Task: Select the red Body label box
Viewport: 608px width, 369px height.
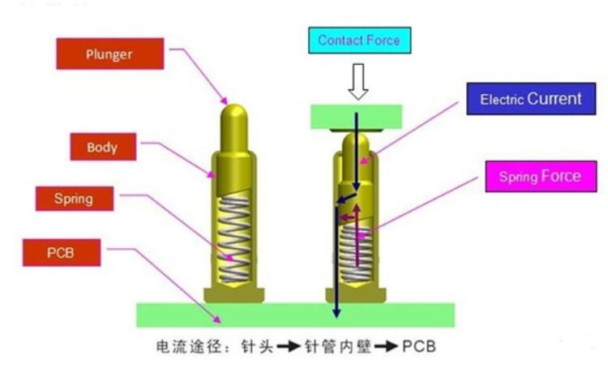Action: [x=101, y=148]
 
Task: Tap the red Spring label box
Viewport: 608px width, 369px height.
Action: [x=74, y=199]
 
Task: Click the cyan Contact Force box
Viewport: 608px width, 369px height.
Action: [x=358, y=40]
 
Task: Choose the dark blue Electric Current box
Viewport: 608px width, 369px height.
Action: [x=530, y=99]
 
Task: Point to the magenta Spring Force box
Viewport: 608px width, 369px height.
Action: [x=539, y=176]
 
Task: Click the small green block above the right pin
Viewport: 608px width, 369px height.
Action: [x=357, y=116]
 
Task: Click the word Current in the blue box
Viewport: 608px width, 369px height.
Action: [x=555, y=99]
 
